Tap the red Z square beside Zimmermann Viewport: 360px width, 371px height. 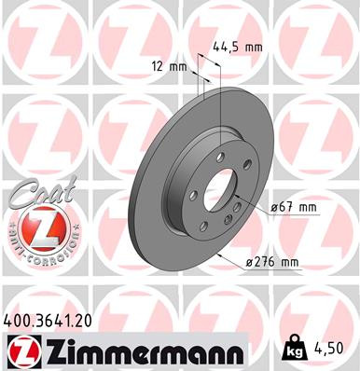pos(21,350)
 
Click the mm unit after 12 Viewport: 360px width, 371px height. pos(180,66)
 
